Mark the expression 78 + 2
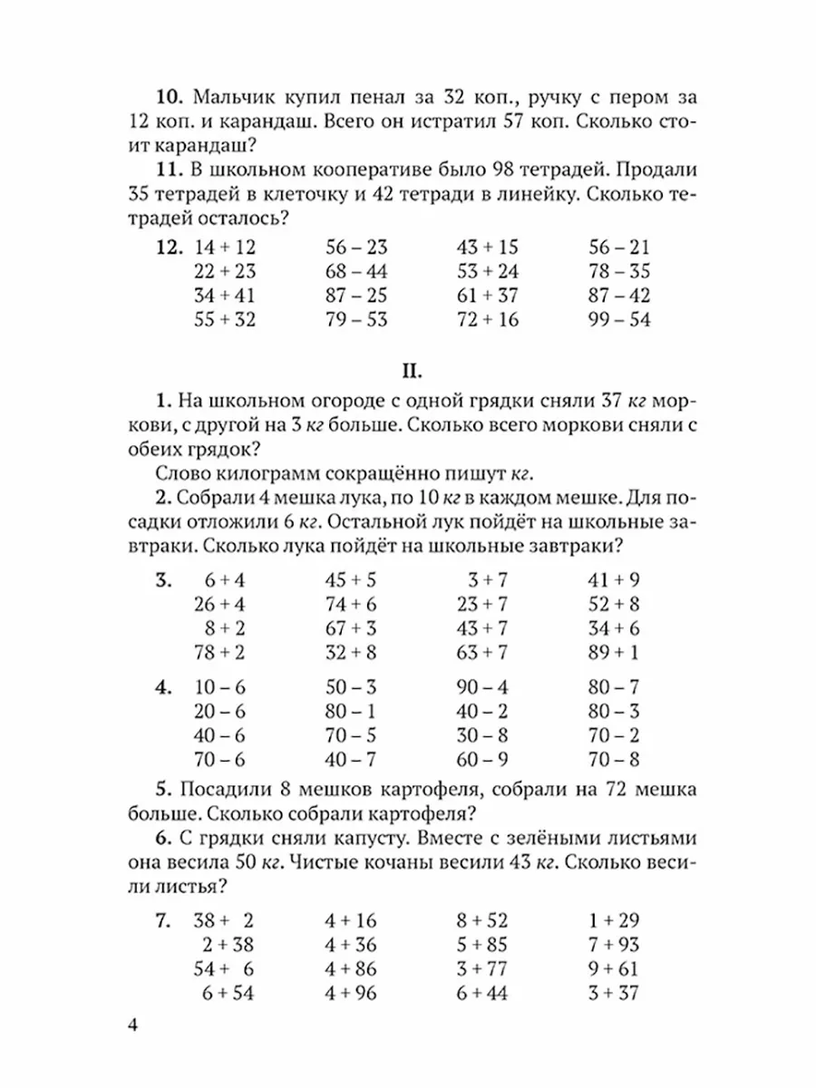[x=225, y=651]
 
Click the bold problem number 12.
[x=170, y=248]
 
